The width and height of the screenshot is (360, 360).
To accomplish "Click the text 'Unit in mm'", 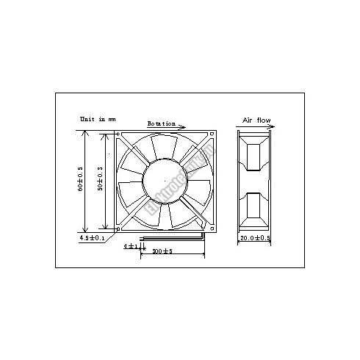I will pos(98,118).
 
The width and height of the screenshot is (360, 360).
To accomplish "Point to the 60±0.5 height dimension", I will pos(80,180).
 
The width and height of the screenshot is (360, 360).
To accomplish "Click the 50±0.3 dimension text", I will pos(100,180).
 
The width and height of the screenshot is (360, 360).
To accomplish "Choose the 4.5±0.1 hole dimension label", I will pos(92,238).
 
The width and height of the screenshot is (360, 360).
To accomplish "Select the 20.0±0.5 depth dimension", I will pos(254,238).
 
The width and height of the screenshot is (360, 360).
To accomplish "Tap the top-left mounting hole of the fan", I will pos(120,134).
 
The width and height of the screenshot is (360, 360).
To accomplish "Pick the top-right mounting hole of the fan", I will pos(212,134).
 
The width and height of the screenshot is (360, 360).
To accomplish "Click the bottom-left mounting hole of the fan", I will pos(120,226).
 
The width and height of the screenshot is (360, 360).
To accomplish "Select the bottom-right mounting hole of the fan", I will pos(212,226).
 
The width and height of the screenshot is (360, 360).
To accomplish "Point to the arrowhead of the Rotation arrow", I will pos(182,127).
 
